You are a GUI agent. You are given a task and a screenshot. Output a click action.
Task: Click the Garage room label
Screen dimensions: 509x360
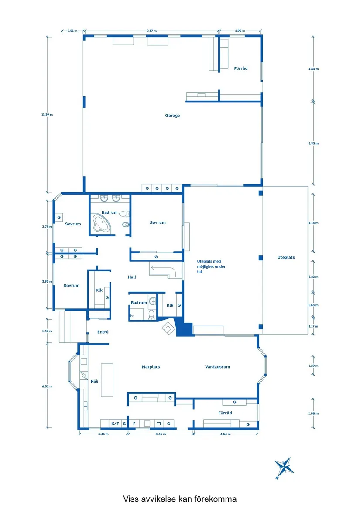point(172,116)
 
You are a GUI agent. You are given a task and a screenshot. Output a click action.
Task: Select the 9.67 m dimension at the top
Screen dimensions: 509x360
point(151,31)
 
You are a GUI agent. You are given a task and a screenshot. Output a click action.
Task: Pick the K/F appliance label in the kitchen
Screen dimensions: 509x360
point(115,424)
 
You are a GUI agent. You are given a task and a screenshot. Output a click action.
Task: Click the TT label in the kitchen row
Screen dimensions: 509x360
point(159,424)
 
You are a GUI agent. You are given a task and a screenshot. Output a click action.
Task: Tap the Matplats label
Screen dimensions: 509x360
point(151,367)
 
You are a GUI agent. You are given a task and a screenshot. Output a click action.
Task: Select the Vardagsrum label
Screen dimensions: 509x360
point(217,367)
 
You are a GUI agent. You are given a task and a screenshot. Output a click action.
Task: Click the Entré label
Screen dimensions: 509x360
point(103,332)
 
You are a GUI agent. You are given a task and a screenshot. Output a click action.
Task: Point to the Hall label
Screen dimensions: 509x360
point(132,277)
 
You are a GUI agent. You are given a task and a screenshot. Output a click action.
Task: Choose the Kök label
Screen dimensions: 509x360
point(94,381)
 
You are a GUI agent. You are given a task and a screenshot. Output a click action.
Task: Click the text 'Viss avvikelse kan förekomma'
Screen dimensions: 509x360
point(180,499)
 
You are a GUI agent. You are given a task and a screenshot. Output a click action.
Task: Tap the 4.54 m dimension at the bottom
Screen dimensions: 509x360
point(225,434)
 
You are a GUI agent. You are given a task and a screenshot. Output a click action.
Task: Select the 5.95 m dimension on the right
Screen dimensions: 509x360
point(313,143)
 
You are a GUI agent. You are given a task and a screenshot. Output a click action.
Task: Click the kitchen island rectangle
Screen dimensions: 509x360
point(107,380)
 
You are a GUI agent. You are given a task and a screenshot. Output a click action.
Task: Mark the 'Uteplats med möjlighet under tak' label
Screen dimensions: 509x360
point(211,266)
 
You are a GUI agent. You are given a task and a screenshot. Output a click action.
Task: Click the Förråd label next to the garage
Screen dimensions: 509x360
point(241,68)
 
